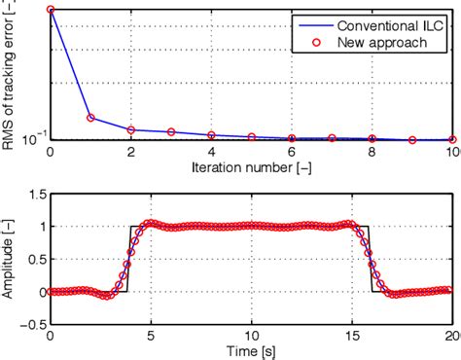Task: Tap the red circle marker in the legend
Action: tap(311, 43)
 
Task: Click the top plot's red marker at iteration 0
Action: tap(50, 11)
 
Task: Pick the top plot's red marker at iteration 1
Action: tap(90, 118)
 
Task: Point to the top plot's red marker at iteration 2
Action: tap(130, 129)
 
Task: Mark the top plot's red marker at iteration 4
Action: tap(211, 136)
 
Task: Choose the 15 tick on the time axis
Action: tap(351, 335)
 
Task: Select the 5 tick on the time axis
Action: tap(150, 335)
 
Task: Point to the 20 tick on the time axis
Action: tap(449, 335)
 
